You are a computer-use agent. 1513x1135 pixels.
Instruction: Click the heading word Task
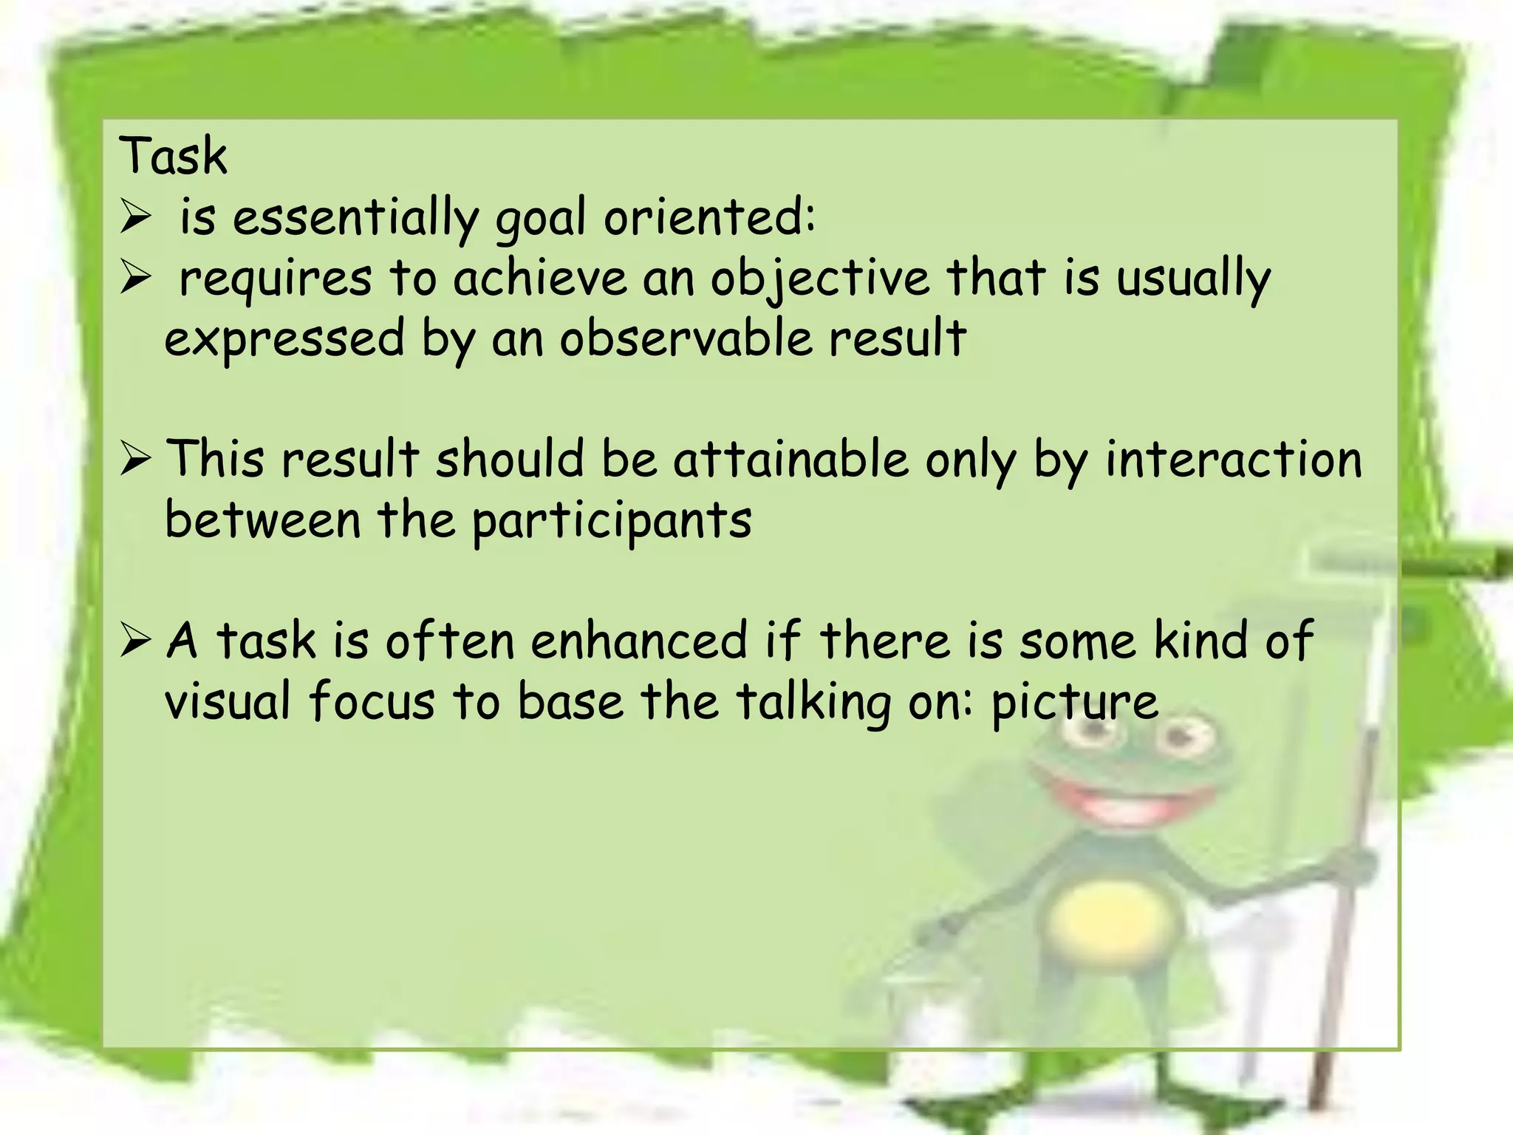click(x=173, y=157)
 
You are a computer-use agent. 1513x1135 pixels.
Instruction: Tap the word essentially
click(x=355, y=219)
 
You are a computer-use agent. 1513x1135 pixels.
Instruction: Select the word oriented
click(x=709, y=219)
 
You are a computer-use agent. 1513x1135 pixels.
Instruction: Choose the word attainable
click(x=790, y=459)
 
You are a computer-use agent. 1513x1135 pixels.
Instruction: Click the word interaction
click(x=1233, y=459)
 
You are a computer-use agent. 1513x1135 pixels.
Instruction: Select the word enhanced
click(x=639, y=640)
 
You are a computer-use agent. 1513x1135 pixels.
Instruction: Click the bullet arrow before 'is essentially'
click(x=135, y=219)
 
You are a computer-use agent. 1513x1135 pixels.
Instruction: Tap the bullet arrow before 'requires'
click(x=135, y=280)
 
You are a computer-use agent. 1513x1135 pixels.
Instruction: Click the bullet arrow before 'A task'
click(x=135, y=641)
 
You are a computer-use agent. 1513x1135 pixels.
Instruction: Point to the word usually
click(x=1192, y=279)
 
